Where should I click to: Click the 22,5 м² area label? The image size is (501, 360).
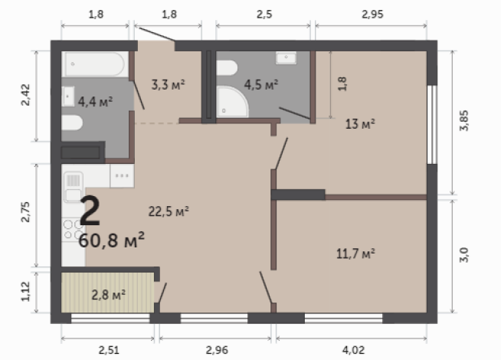click(169, 209)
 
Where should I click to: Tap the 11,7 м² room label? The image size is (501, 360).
click(355, 252)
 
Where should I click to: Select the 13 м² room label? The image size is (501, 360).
click(359, 123)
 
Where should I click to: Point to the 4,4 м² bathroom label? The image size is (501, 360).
click(96, 100)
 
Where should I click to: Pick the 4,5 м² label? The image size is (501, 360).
click(260, 83)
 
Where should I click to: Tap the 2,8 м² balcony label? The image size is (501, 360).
click(108, 293)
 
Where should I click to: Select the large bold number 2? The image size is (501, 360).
click(90, 211)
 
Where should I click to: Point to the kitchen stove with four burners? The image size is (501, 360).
click(72, 231)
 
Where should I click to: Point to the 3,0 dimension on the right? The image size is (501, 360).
click(463, 252)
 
